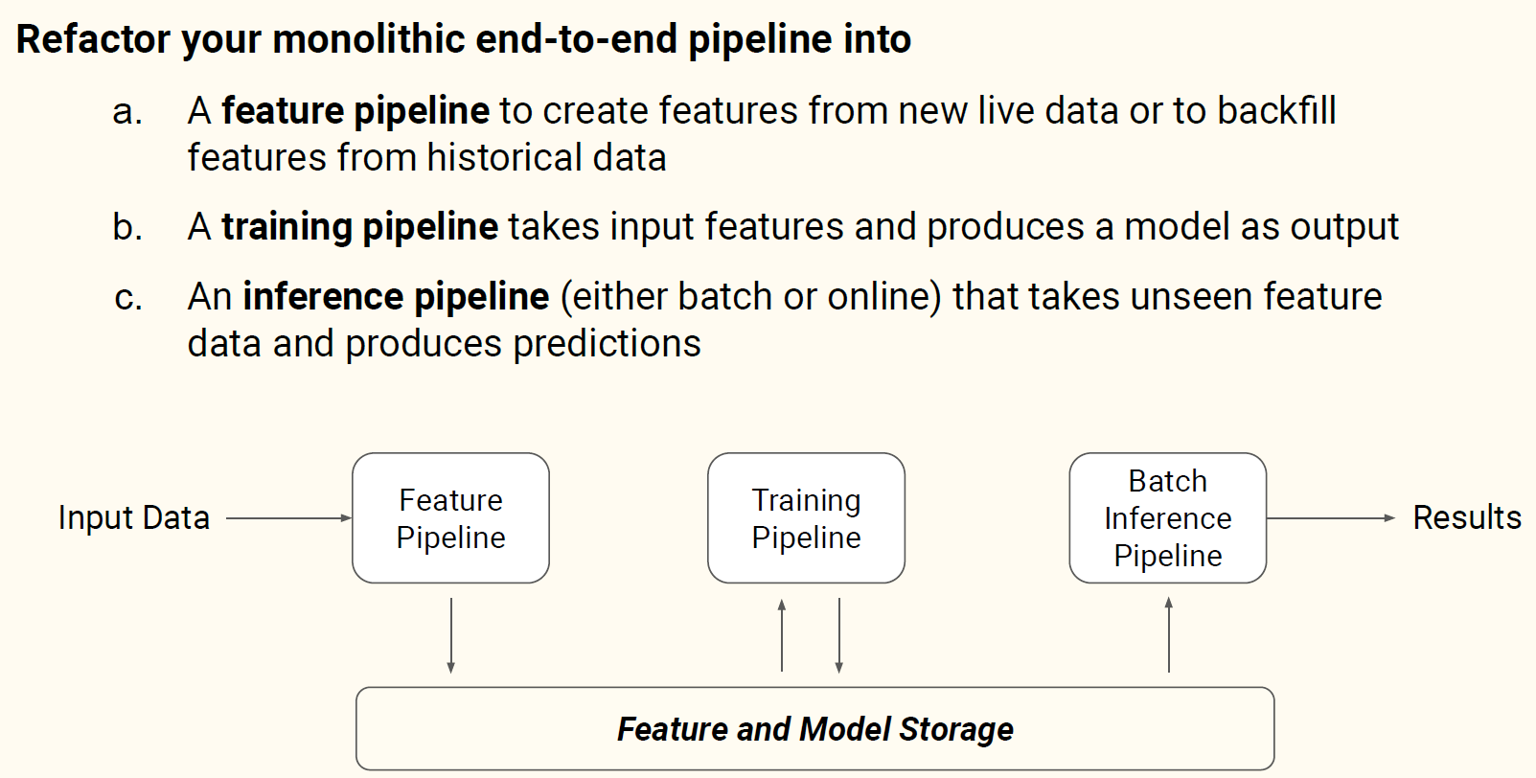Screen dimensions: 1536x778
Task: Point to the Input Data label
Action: pyautogui.click(x=134, y=517)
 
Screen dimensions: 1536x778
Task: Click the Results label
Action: pyautogui.click(x=1467, y=517)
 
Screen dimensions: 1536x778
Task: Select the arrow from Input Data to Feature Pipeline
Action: pyautogui.click(x=288, y=518)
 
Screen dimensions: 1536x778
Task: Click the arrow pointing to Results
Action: pyautogui.click(x=1331, y=518)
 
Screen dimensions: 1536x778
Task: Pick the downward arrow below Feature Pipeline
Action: pyautogui.click(x=450, y=635)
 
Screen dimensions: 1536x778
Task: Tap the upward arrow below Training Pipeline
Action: pyautogui.click(x=782, y=635)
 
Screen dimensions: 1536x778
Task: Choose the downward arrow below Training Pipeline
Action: pyautogui.click(x=838, y=635)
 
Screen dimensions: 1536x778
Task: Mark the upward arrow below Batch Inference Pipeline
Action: pyautogui.click(x=1168, y=634)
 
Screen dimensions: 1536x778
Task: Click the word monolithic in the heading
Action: pyautogui.click(x=369, y=38)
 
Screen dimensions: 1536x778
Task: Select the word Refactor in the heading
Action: pyautogui.click(x=93, y=38)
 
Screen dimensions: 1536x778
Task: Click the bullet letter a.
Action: pyautogui.click(x=127, y=112)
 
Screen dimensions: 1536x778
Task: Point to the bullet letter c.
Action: pyautogui.click(x=128, y=297)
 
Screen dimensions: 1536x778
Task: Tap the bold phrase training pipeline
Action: pyautogui.click(x=360, y=228)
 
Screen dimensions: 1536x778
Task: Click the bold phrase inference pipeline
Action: pyautogui.click(x=397, y=297)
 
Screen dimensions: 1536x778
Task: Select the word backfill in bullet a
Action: pyautogui.click(x=1276, y=110)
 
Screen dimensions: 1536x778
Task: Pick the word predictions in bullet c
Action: pyautogui.click(x=607, y=343)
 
